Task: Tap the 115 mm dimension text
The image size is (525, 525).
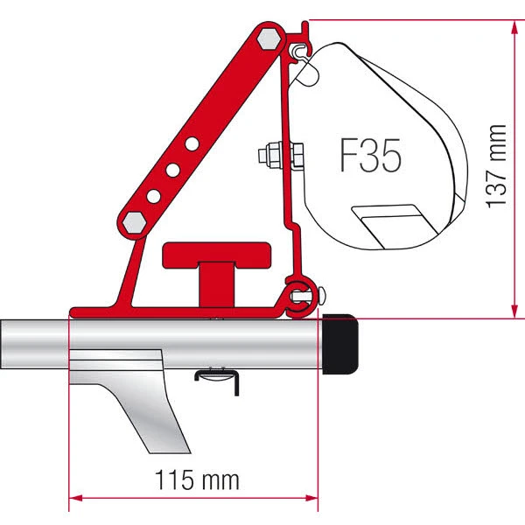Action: coord(193,479)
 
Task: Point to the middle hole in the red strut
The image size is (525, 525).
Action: coord(173,167)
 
